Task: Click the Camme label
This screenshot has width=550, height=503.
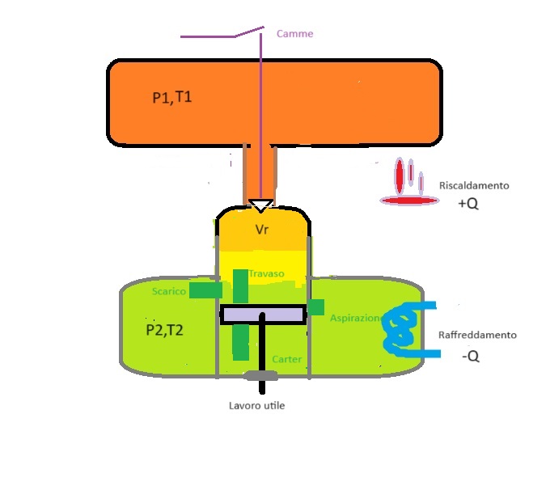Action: (x=294, y=34)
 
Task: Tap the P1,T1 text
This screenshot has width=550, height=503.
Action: (x=171, y=98)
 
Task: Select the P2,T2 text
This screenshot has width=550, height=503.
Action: (x=165, y=330)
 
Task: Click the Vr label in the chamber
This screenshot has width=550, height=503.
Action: (x=261, y=230)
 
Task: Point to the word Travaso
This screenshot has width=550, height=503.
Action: (x=266, y=274)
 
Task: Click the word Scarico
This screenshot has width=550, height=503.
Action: (x=169, y=291)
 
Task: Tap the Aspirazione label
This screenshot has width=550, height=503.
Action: (x=356, y=319)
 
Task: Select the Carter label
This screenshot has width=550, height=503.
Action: (x=287, y=358)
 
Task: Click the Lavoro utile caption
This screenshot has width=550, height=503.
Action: (x=256, y=405)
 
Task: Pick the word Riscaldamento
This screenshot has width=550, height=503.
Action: (x=474, y=185)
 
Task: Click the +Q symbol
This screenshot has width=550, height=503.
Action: (x=467, y=205)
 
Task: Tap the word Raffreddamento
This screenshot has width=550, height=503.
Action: (x=477, y=335)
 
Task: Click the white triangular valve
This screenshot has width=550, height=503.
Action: (x=260, y=205)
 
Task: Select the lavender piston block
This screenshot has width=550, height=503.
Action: (x=263, y=315)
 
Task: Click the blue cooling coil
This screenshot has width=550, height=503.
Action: (x=401, y=331)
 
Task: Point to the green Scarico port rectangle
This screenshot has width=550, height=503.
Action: (x=205, y=290)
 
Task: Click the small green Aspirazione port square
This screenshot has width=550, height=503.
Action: (x=315, y=307)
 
